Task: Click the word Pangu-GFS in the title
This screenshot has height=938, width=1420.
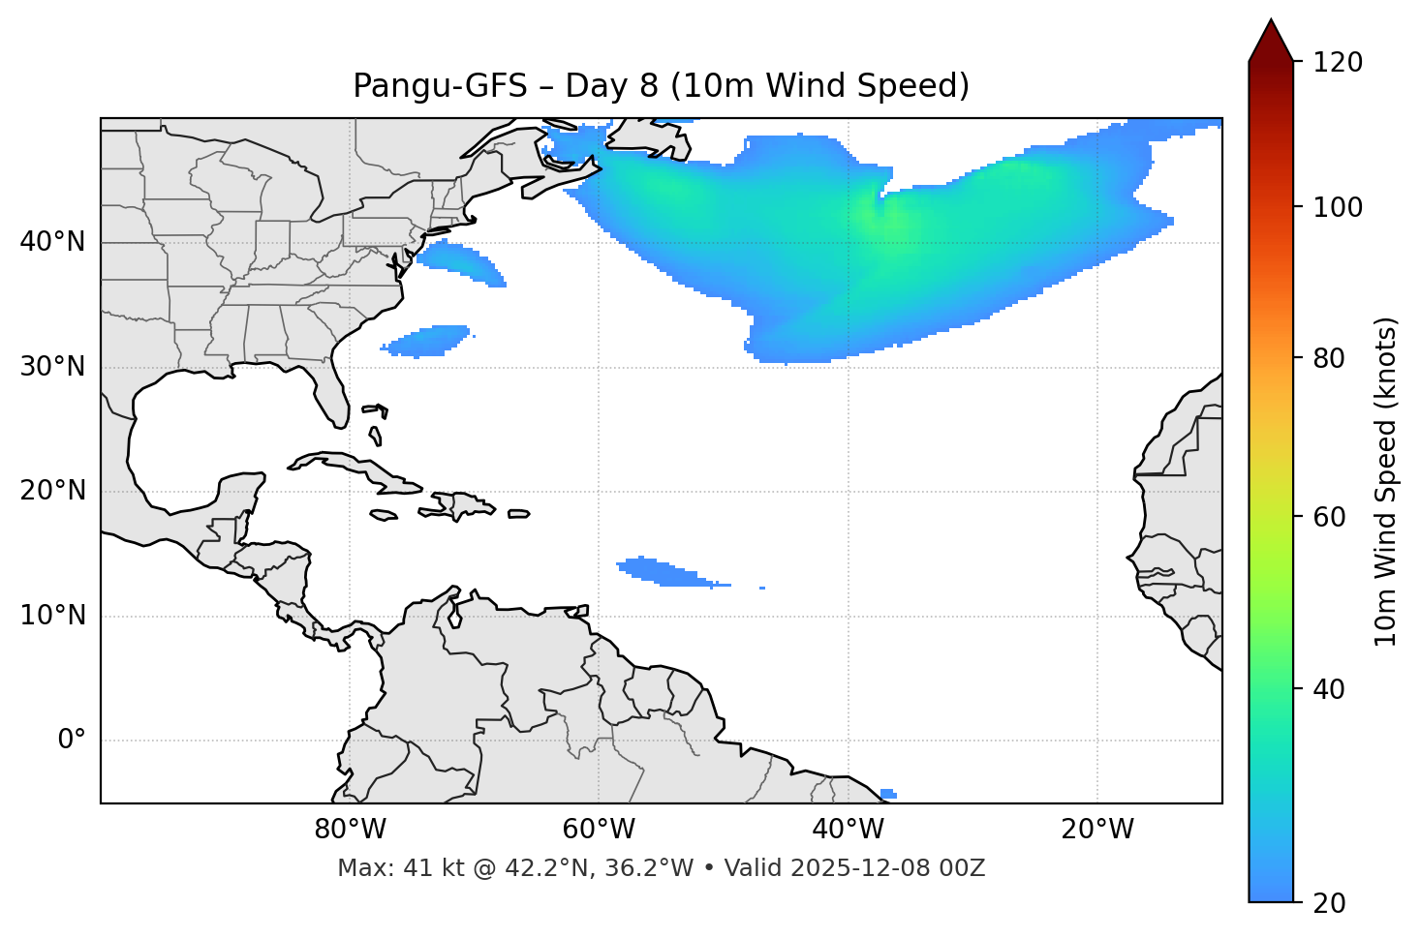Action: click(439, 86)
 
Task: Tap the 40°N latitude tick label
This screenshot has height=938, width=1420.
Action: click(52, 242)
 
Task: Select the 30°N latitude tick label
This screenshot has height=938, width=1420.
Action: click(52, 367)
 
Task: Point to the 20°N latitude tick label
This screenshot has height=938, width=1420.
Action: click(52, 491)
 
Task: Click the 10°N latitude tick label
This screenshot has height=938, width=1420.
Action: click(52, 616)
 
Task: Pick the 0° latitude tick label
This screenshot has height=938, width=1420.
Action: click(71, 741)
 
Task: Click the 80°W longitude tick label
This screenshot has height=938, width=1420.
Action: click(350, 830)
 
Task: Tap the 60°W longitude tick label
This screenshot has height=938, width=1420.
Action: click(599, 830)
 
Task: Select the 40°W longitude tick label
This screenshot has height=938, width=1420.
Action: click(848, 830)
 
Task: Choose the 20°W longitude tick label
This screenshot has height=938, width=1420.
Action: click(1097, 830)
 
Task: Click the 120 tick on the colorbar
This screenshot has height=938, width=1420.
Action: click(1339, 63)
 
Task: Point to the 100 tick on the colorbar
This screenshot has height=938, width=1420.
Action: click(1339, 207)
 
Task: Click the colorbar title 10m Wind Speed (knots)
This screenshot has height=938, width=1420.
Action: click(1386, 481)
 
